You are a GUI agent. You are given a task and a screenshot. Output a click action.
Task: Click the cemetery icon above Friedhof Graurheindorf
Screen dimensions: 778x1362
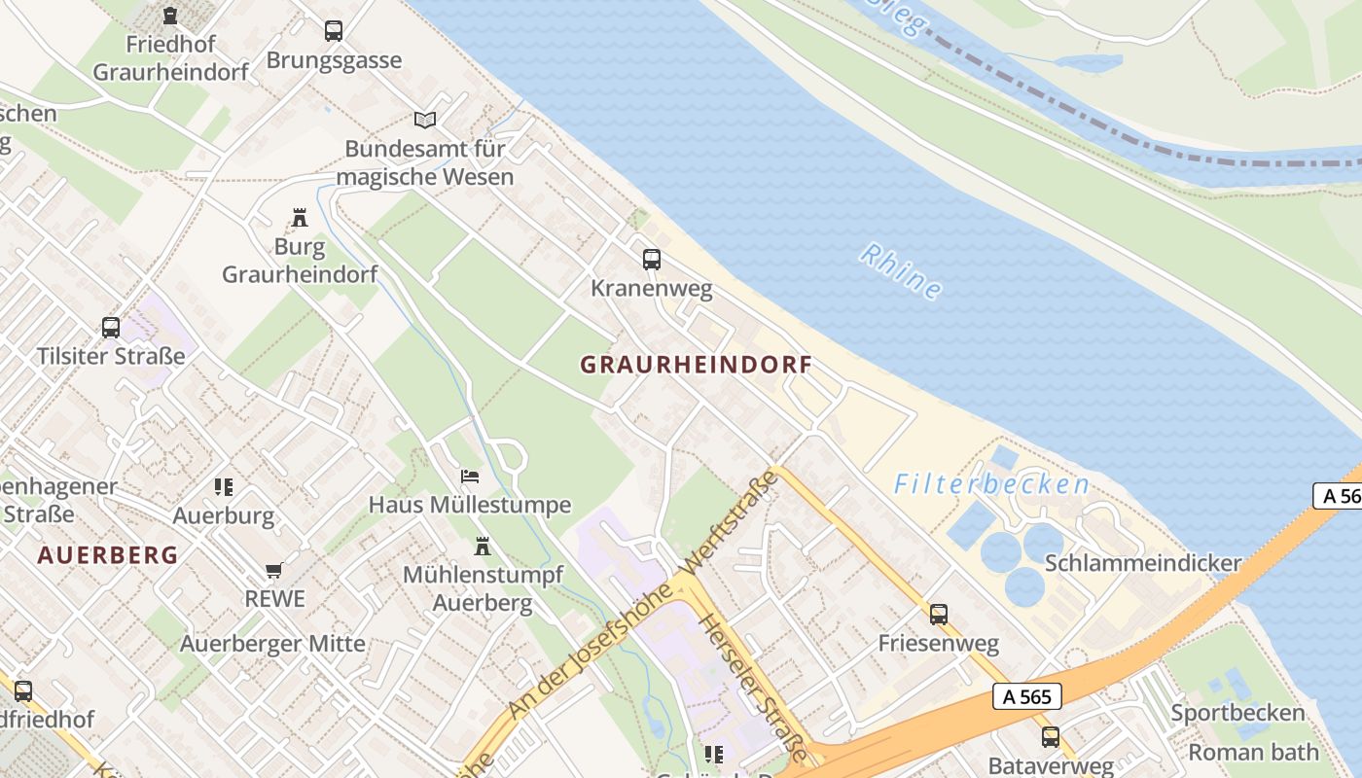click(x=170, y=16)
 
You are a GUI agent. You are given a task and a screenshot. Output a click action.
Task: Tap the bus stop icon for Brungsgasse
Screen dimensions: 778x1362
click(x=334, y=31)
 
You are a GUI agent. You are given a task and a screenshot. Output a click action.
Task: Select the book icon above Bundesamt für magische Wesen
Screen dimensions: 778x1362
click(x=425, y=120)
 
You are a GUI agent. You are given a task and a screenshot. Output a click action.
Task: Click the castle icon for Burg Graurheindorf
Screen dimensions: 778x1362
click(x=300, y=218)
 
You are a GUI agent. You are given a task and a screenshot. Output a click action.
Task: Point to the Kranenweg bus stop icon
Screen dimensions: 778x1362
click(x=652, y=260)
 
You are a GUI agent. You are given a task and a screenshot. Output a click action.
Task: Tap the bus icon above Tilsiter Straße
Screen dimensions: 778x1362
click(x=111, y=328)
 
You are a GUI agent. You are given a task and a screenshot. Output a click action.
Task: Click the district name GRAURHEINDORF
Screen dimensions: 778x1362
click(x=696, y=366)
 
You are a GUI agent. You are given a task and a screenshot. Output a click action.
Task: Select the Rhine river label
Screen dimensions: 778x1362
click(x=901, y=271)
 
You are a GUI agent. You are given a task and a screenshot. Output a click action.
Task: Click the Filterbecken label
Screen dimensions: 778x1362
click(x=991, y=483)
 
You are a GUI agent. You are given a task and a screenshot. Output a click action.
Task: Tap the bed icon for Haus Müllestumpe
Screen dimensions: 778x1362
click(x=470, y=477)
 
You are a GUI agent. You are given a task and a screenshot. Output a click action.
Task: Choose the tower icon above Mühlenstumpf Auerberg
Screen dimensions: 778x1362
click(x=483, y=547)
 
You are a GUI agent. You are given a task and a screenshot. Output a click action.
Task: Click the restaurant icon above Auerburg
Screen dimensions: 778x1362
click(x=224, y=486)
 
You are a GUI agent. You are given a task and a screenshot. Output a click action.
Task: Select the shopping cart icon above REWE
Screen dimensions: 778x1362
click(x=274, y=570)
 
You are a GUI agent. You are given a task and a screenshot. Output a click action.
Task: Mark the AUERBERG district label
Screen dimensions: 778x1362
click(x=108, y=555)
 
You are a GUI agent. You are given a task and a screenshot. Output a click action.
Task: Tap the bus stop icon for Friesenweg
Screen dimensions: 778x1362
click(x=938, y=615)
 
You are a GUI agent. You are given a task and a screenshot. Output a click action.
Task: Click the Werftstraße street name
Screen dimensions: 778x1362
click(x=732, y=521)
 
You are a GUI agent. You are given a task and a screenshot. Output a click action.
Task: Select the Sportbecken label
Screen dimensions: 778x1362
click(x=1237, y=713)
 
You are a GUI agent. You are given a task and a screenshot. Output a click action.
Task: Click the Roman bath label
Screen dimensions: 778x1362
click(x=1253, y=752)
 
